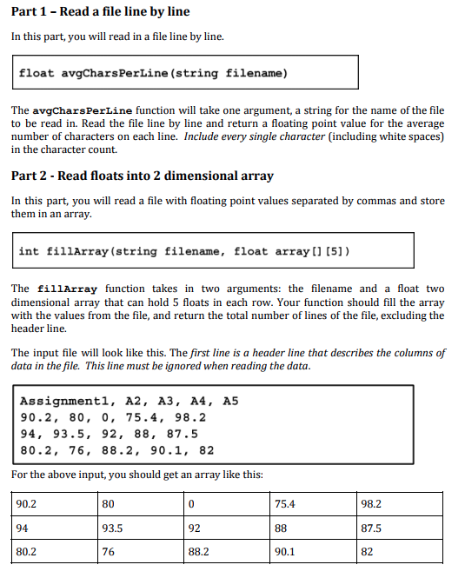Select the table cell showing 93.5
click(141, 528)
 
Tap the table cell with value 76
click(141, 551)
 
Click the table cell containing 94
click(55, 528)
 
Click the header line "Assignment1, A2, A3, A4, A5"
click(129, 402)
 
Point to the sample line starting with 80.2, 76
click(116, 450)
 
